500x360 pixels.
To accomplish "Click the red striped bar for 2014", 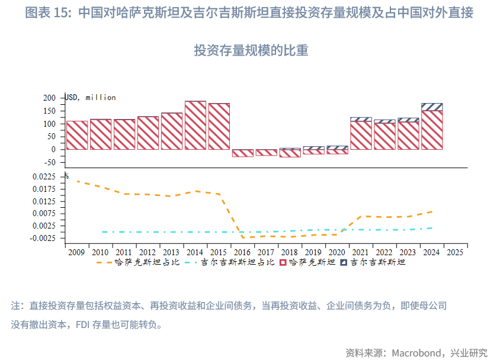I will pos(195,125).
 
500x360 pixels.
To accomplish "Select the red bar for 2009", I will pos(77,135).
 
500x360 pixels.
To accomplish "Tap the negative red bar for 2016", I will pos(242,153).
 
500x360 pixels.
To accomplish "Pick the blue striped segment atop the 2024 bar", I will pos(432,107).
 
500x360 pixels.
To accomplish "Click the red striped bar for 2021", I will pos(361,135).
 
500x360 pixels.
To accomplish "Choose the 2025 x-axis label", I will pos(455,252).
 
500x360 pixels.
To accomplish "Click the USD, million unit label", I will pos(91,98).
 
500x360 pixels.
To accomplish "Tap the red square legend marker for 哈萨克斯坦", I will pos(283,262).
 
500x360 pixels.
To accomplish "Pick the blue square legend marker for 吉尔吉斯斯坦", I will pos(344,262).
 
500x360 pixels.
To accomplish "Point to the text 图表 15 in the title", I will pos(44,12).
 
